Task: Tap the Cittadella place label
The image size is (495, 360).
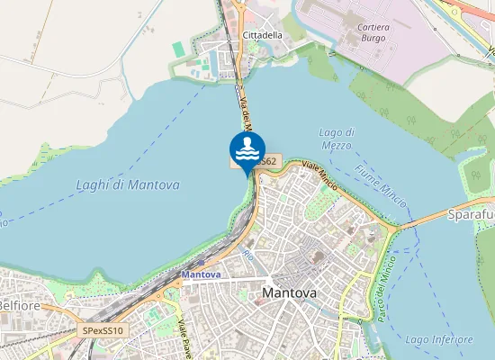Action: pyautogui.click(x=262, y=35)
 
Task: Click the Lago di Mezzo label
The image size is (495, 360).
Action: pyautogui.click(x=337, y=139)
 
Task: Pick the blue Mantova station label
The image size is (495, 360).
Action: pyautogui.click(x=201, y=274)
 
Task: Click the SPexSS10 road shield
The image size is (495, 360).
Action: pyautogui.click(x=103, y=331)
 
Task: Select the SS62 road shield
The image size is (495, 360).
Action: pyautogui.click(x=267, y=161)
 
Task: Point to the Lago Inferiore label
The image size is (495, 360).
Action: pyautogui.click(x=438, y=339)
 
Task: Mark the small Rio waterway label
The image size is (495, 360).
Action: pyautogui.click(x=249, y=256)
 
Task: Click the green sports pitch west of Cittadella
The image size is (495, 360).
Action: pyautogui.click(x=178, y=48)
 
